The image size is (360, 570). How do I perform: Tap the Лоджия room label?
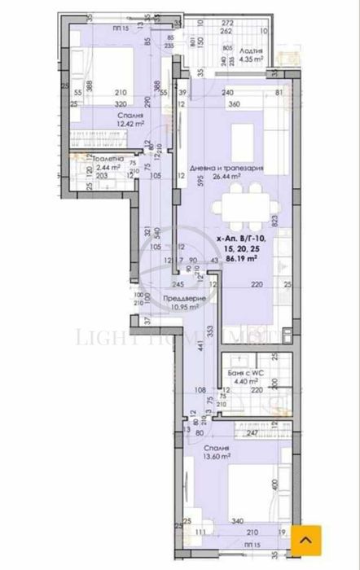(x=250, y=51)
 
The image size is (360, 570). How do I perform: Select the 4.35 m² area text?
(x=250, y=59)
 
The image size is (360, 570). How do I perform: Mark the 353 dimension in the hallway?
(x=209, y=330)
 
